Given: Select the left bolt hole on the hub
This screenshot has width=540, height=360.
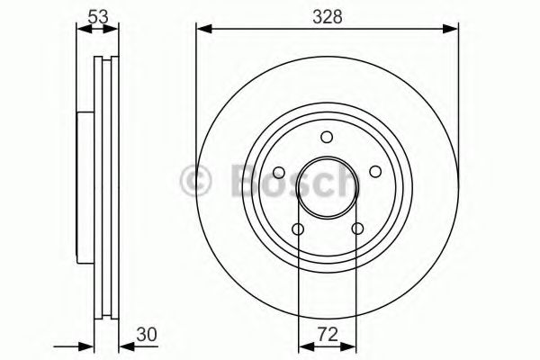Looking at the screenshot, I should (279, 173).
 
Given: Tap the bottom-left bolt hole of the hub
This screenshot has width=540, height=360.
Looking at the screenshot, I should (298, 229).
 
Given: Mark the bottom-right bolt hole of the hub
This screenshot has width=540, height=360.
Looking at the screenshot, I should (358, 229).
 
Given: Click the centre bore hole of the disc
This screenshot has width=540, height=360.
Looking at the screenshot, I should (328, 188).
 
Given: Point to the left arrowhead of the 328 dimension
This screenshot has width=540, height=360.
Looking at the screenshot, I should (202, 31).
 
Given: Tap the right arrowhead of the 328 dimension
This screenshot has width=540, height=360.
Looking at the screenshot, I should (454, 31).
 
